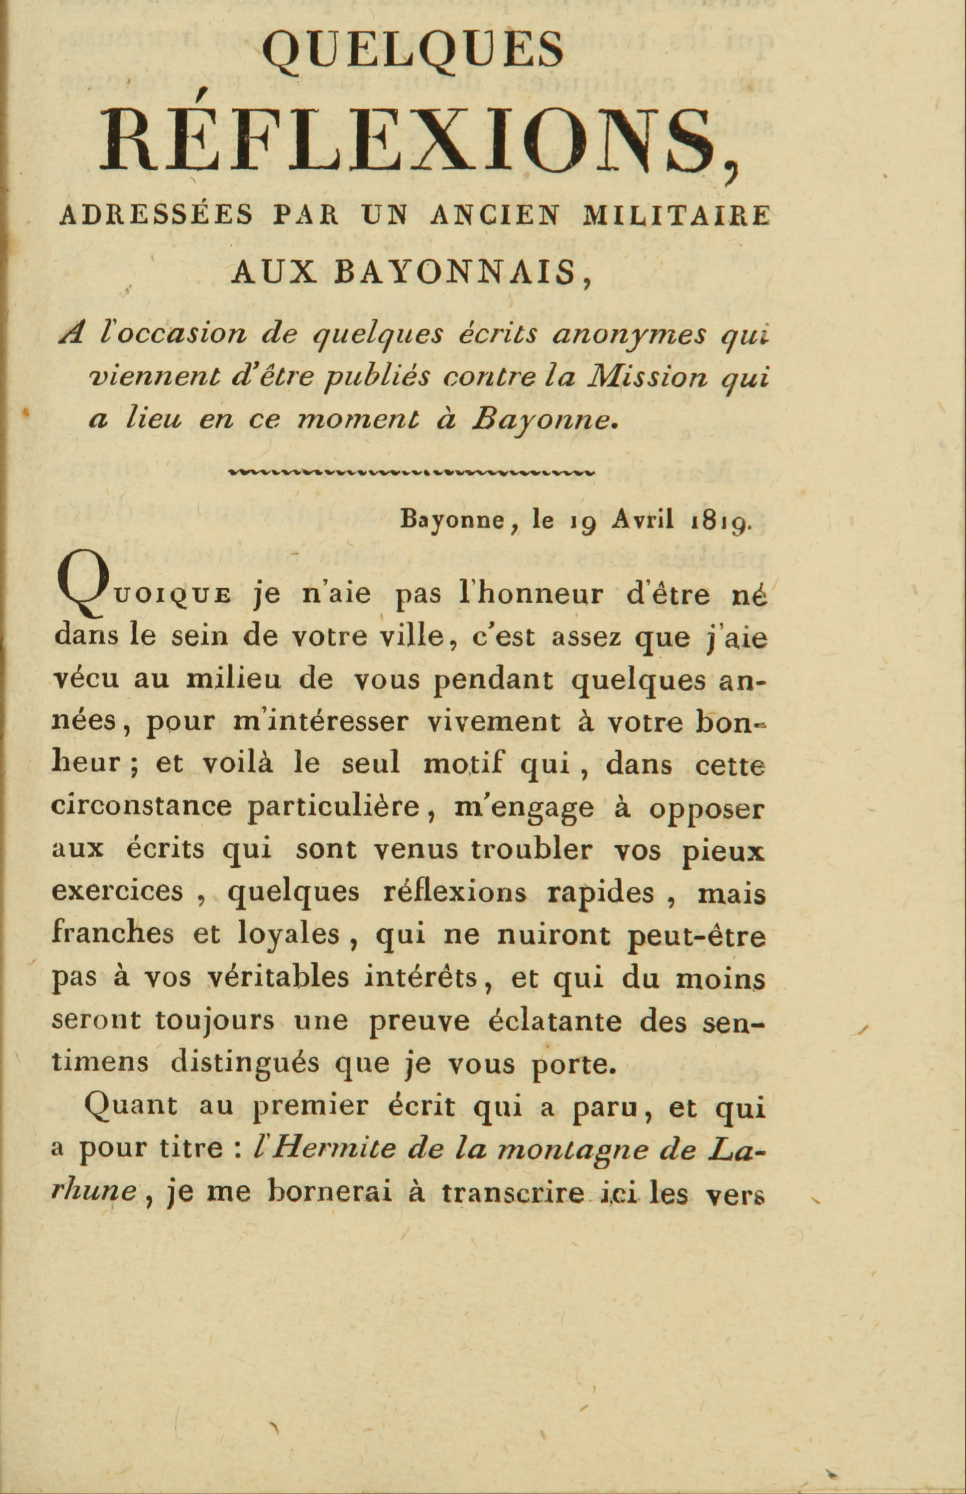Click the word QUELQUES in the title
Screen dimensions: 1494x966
pyautogui.click(x=413, y=50)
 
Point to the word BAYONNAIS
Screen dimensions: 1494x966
pyautogui.click(x=455, y=272)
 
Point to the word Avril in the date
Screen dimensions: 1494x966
pyautogui.click(x=644, y=520)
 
